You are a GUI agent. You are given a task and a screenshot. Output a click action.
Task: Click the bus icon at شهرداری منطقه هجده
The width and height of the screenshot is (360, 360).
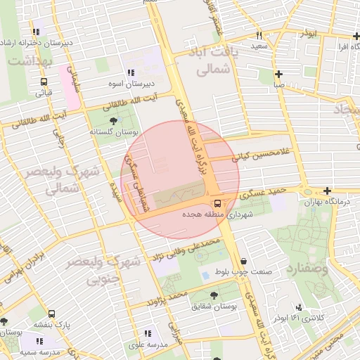[217, 203]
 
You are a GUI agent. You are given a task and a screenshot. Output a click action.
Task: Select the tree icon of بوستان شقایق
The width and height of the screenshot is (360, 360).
[214, 295]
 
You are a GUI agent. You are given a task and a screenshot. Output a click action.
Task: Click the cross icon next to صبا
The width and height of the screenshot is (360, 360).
[279, 74]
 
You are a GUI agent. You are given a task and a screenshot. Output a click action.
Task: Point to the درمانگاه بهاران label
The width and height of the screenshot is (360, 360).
[326, 202]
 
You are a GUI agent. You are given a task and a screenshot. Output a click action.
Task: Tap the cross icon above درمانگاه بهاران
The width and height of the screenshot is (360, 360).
[327, 191]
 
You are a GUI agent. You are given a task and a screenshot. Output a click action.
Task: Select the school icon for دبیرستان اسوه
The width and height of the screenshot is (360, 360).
[130, 72]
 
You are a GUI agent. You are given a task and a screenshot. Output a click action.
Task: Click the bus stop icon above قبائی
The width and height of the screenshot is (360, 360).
[44, 81]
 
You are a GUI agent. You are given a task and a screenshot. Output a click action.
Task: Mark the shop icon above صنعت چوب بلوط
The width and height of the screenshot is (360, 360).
[243, 262]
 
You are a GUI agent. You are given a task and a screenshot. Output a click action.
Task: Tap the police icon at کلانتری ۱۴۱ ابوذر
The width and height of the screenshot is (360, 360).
[299, 307]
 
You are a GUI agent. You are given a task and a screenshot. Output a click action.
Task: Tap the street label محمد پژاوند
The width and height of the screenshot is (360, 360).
[167, 297]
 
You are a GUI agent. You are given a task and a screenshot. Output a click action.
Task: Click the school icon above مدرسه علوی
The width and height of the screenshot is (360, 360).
[148, 334]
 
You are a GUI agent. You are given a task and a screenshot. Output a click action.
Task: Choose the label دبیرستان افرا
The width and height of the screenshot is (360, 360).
[338, 47]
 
